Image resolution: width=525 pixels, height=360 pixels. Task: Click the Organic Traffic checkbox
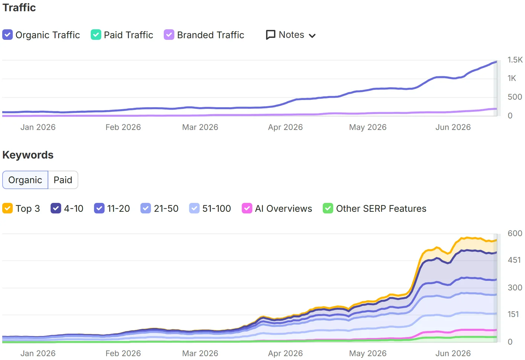tap(7, 35)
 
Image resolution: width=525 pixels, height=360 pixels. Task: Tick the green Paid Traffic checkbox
tap(96, 35)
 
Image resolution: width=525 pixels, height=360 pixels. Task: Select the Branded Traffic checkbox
tap(169, 35)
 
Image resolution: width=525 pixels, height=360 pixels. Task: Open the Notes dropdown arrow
tap(312, 36)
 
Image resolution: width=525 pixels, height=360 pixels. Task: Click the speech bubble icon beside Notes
tap(270, 35)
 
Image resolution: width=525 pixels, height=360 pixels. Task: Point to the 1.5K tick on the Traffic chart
tap(515, 60)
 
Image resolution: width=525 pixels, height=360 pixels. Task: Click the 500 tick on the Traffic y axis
tap(515, 97)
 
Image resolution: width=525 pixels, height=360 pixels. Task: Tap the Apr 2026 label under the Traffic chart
tap(285, 127)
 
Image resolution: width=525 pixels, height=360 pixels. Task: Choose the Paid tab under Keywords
tap(63, 180)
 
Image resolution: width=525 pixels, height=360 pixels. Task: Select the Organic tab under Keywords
tap(25, 180)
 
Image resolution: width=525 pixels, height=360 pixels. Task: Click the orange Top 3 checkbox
tap(7, 208)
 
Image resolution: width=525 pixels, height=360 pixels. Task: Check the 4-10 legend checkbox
tap(56, 208)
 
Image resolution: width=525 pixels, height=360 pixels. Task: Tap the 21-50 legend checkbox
tap(145, 208)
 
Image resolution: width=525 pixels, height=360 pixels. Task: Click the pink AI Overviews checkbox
tap(247, 208)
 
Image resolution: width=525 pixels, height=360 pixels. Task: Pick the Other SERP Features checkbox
tap(328, 208)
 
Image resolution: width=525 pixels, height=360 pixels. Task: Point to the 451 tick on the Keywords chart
tap(514, 260)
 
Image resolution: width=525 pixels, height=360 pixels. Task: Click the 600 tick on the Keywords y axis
tap(515, 233)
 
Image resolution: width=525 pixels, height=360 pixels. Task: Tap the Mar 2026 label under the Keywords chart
tap(200, 353)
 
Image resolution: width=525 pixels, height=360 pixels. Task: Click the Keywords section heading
tap(28, 155)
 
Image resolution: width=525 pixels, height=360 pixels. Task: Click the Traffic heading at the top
tap(19, 7)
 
